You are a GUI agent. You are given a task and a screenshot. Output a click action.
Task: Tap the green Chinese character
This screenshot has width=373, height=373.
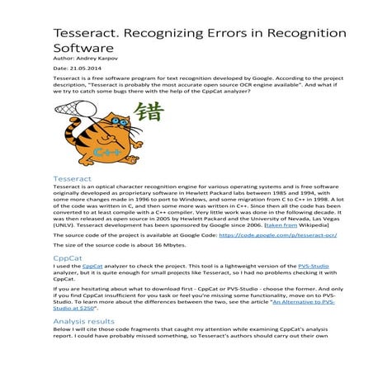coord(148,113)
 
